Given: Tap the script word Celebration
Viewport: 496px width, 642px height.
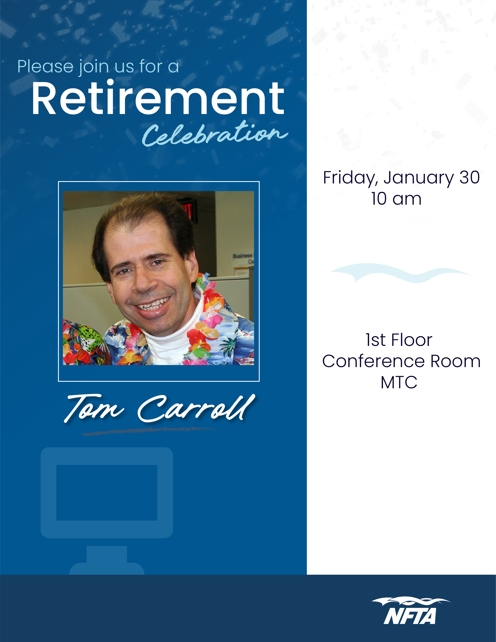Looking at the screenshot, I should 214,135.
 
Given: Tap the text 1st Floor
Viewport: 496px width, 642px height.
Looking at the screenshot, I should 399,340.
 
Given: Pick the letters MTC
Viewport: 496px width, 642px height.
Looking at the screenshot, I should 399,382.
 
